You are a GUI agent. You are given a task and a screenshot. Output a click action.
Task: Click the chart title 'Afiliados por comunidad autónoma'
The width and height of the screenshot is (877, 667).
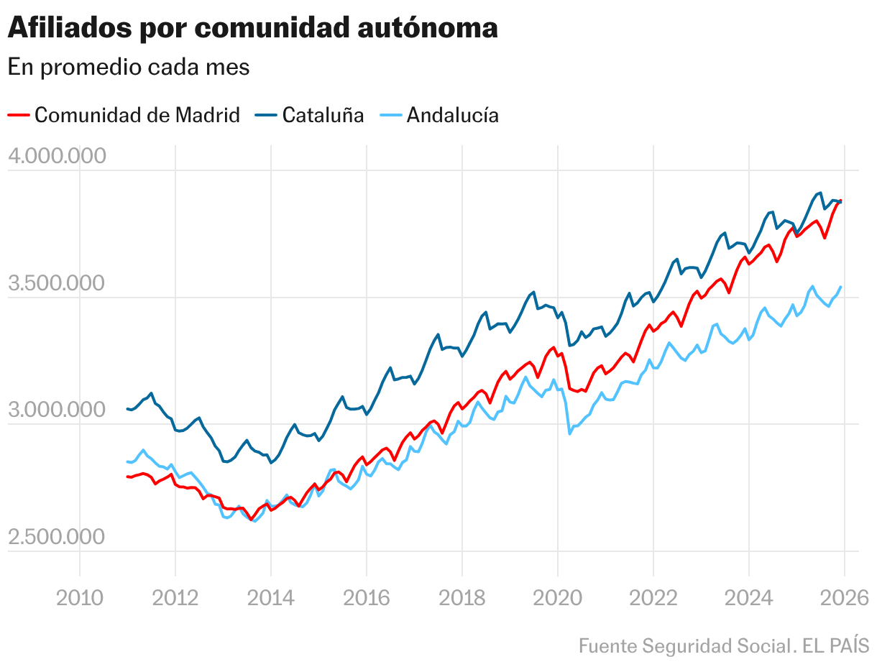[252, 29]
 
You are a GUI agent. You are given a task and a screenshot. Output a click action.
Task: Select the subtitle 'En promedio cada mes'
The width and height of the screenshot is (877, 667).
[129, 67]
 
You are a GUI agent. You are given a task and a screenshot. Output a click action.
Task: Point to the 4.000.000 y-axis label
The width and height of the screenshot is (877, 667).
[57, 156]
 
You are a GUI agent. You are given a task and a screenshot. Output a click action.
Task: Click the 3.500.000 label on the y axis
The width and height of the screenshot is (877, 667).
[57, 283]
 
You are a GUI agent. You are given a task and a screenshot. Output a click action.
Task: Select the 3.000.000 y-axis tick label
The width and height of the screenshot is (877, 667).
[57, 410]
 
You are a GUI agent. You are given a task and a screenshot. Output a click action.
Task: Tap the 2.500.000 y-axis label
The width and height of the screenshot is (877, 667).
[57, 537]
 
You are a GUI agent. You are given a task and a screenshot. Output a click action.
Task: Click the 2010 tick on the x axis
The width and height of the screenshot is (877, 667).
[79, 598]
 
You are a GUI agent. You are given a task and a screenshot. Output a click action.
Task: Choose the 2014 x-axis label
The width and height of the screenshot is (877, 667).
[270, 598]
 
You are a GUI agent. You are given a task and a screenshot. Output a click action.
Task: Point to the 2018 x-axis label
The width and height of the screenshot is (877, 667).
[462, 598]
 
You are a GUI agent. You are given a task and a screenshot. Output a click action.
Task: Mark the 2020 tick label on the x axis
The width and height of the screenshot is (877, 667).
[557, 598]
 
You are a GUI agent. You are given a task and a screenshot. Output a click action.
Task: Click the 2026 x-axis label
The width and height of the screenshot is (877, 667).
[844, 598]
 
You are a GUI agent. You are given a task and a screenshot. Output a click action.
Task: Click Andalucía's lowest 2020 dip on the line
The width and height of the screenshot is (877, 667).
[570, 433]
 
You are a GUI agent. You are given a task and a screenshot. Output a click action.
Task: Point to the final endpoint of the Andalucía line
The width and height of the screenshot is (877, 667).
[840, 287]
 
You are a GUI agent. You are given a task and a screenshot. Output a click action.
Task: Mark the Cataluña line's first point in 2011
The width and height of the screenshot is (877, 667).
[127, 409]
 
